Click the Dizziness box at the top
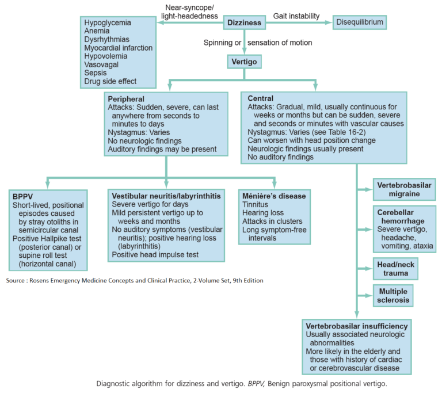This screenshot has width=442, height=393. pyautogui.click(x=244, y=23)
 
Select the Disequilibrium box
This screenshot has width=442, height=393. pyautogui.click(x=359, y=22)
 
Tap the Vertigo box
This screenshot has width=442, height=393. pyautogui.click(x=244, y=60)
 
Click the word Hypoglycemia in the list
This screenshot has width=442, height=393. pyautogui.click(x=108, y=23)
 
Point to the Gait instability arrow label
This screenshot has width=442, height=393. pyautogui.click(x=296, y=16)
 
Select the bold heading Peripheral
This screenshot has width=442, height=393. pyautogui.click(x=126, y=98)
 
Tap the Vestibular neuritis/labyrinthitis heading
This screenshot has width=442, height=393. pyautogui.click(x=166, y=196)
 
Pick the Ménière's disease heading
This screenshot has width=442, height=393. pyautogui.click(x=274, y=196)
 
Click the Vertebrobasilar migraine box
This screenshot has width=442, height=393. pyautogui.click(x=403, y=189)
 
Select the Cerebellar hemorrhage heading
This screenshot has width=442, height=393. pyautogui.click(x=403, y=216)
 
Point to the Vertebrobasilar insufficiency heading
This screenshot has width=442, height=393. pyautogui.click(x=357, y=325)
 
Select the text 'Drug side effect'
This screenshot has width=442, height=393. pyautogui.click(x=110, y=82)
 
